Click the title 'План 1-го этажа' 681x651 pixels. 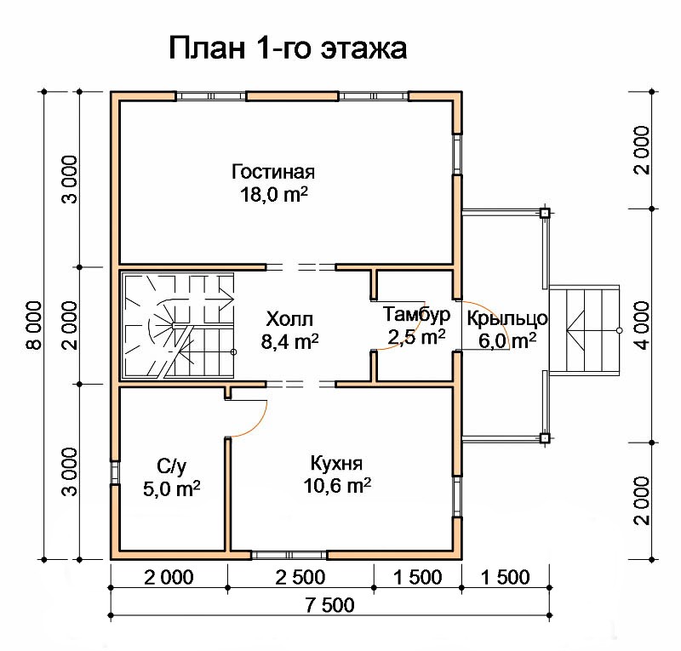[288, 49]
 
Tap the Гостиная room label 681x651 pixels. [272, 172]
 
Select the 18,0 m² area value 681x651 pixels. [273, 195]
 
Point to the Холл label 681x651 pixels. [289, 319]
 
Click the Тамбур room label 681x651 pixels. [416, 314]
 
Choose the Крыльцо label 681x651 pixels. [507, 319]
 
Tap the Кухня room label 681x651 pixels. [336, 464]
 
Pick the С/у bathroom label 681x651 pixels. [172, 466]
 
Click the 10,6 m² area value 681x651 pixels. [337, 486]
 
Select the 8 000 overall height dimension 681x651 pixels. [35, 325]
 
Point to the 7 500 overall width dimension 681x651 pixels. [330, 605]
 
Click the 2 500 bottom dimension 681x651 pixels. [300, 578]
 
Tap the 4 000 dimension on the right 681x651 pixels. [642, 325]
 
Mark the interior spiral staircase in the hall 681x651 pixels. [179, 326]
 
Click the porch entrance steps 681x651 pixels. [584, 329]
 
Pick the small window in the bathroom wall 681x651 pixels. [115, 472]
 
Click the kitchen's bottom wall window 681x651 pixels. [289, 555]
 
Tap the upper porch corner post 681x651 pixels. [545, 214]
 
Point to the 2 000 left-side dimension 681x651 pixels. [70, 325]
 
